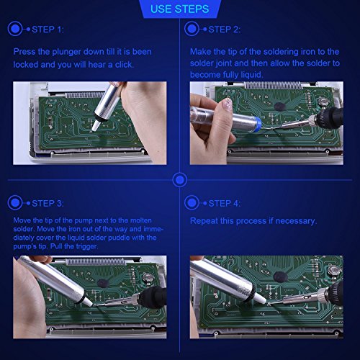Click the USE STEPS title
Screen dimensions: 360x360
pyautogui.click(x=179, y=9)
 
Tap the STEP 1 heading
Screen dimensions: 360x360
pyautogui.click(x=48, y=30)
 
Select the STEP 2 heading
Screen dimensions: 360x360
pyautogui.click(x=225, y=30)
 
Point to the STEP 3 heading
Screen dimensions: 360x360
pyautogui.click(x=48, y=204)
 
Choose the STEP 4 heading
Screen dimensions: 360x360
pyautogui.click(x=224, y=204)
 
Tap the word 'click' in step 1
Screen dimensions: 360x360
pyautogui.click(x=124, y=65)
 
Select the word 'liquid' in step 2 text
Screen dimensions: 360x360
pyautogui.click(x=251, y=75)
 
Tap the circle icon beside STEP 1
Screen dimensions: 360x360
pyautogui.click(x=15, y=29)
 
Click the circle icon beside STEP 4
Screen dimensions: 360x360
pyautogui.click(x=192, y=203)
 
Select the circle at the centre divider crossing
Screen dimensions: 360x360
pyautogui.click(x=180, y=180)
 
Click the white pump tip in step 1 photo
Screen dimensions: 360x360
pyautogui.click(x=96, y=125)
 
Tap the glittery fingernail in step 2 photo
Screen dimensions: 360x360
pyautogui.click(x=227, y=105)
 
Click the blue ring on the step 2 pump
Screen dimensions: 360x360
pyautogui.click(x=258, y=124)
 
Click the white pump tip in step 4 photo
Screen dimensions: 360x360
pyautogui.click(x=260, y=298)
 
